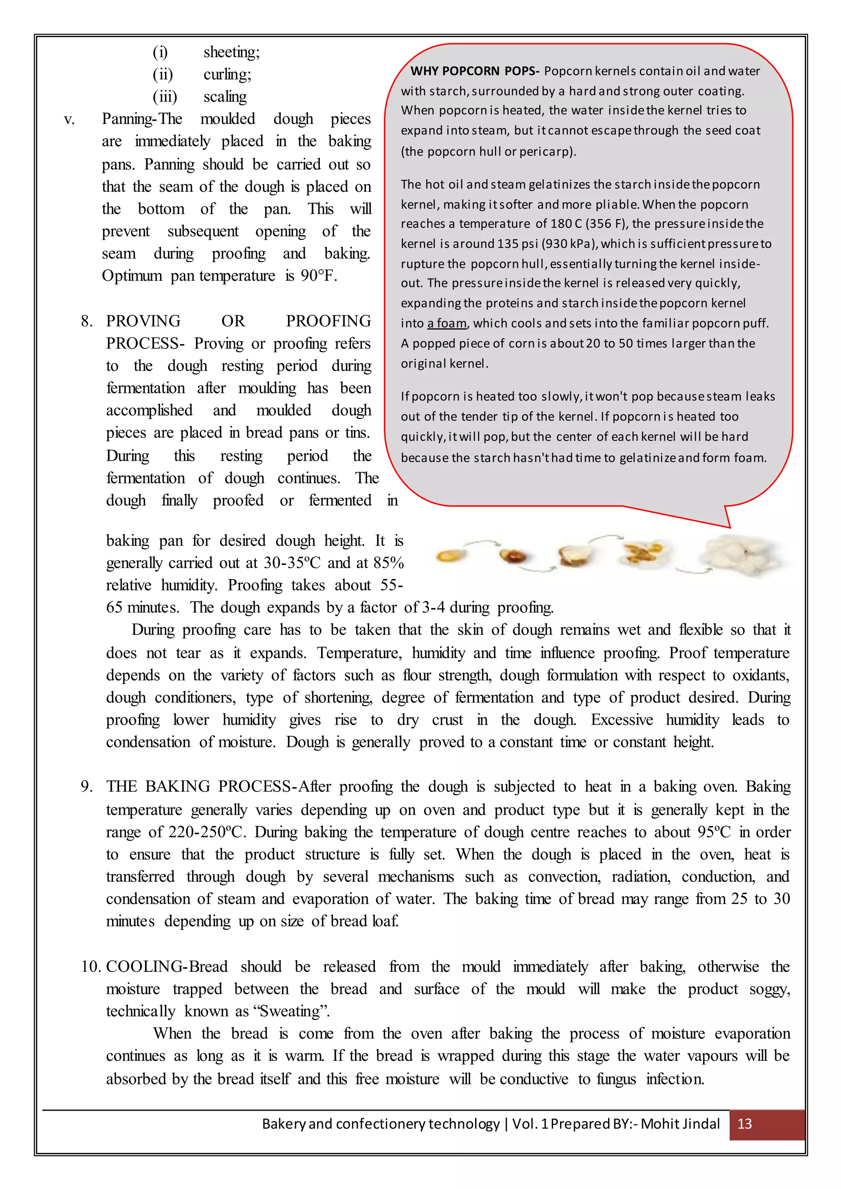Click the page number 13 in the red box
[x=744, y=1124]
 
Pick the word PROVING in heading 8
[x=143, y=321]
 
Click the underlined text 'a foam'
[x=447, y=323]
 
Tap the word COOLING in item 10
[x=145, y=967]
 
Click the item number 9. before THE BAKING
[x=87, y=787]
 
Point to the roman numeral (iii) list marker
[x=165, y=97]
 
